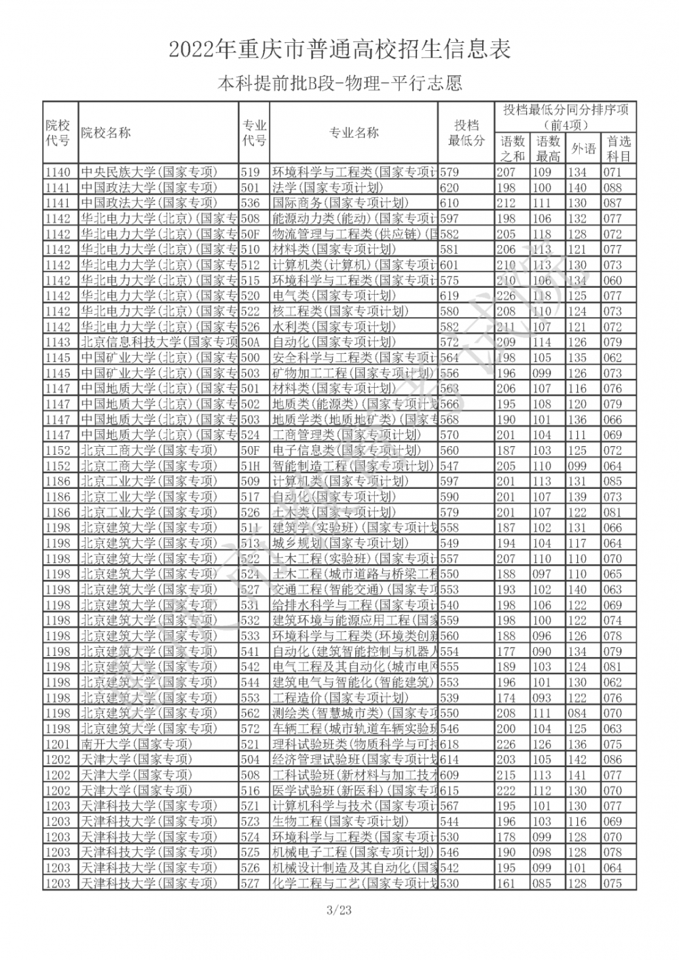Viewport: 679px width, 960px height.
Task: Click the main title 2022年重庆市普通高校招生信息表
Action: [339, 50]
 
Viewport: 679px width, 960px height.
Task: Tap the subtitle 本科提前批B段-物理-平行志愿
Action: [339, 84]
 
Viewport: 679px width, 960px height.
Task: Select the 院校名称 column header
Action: [107, 133]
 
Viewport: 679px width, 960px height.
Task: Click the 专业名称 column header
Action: [354, 133]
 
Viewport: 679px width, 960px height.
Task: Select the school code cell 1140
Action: [58, 172]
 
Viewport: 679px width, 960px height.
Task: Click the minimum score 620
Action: [449, 187]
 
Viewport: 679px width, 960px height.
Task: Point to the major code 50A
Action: [251, 342]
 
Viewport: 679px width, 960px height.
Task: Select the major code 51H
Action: [251, 466]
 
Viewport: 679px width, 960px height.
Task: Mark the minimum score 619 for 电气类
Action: [449, 296]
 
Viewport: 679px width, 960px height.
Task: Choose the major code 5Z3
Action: [251, 821]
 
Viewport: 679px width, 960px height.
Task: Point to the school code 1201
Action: [58, 744]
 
